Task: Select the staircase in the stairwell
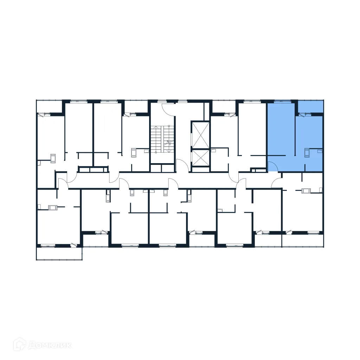pos(162,139)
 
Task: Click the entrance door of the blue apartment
pos(272,166)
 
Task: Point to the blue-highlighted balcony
pos(310,106)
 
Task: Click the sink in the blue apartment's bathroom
pos(319,152)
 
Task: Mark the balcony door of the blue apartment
pos(304,114)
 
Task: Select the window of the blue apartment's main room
pos(282,102)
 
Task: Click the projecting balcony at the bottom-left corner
pos(59,253)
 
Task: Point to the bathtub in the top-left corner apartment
pos(53,158)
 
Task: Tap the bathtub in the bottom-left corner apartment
pos(52,207)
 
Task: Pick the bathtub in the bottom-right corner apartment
pos(306,191)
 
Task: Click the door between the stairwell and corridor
pos(181,165)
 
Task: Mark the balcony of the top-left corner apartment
pos(49,107)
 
